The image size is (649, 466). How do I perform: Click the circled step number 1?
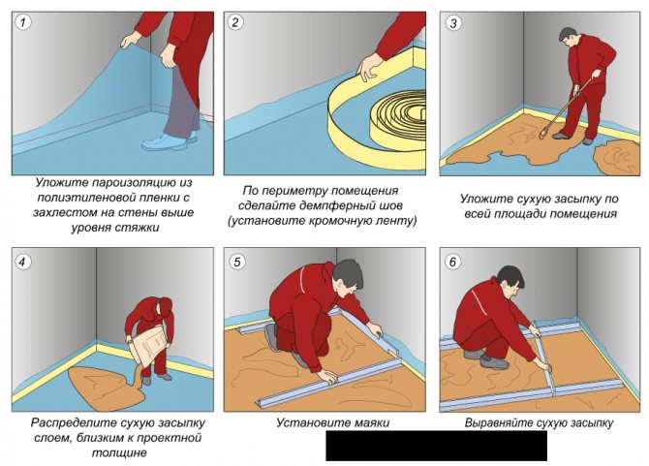pyautogui.click(x=26, y=23)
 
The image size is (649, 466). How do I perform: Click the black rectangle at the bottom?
pyautogui.click(x=436, y=446)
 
